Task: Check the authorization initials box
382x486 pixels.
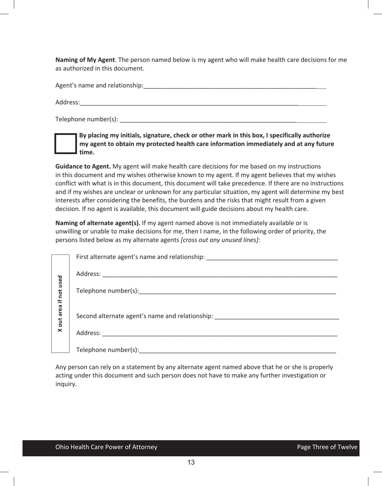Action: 66,144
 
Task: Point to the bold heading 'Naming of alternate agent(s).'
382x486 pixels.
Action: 98,223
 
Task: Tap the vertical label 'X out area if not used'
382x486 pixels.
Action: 60,303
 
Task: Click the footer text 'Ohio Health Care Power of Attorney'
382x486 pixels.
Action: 106,447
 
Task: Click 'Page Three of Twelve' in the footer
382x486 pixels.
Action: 327,447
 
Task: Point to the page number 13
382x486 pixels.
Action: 191,462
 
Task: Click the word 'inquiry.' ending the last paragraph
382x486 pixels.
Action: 66,384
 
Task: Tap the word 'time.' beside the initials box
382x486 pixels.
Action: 87,152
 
